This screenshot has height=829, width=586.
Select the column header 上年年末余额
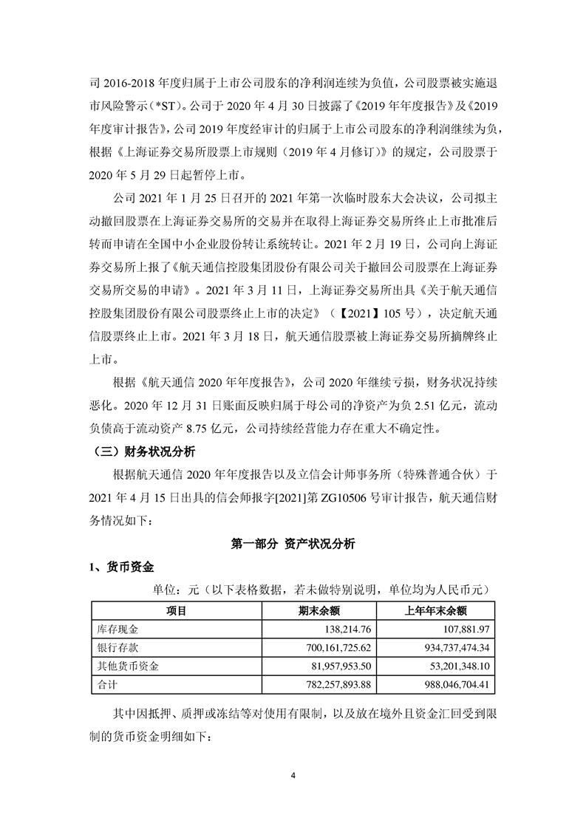click(437, 611)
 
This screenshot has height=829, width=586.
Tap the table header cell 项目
click(177, 611)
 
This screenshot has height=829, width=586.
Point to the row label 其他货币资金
click(129, 666)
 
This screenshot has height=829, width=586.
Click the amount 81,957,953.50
click(335, 666)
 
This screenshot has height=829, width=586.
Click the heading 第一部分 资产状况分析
click(293, 543)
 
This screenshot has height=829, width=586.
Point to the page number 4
click(293, 775)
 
